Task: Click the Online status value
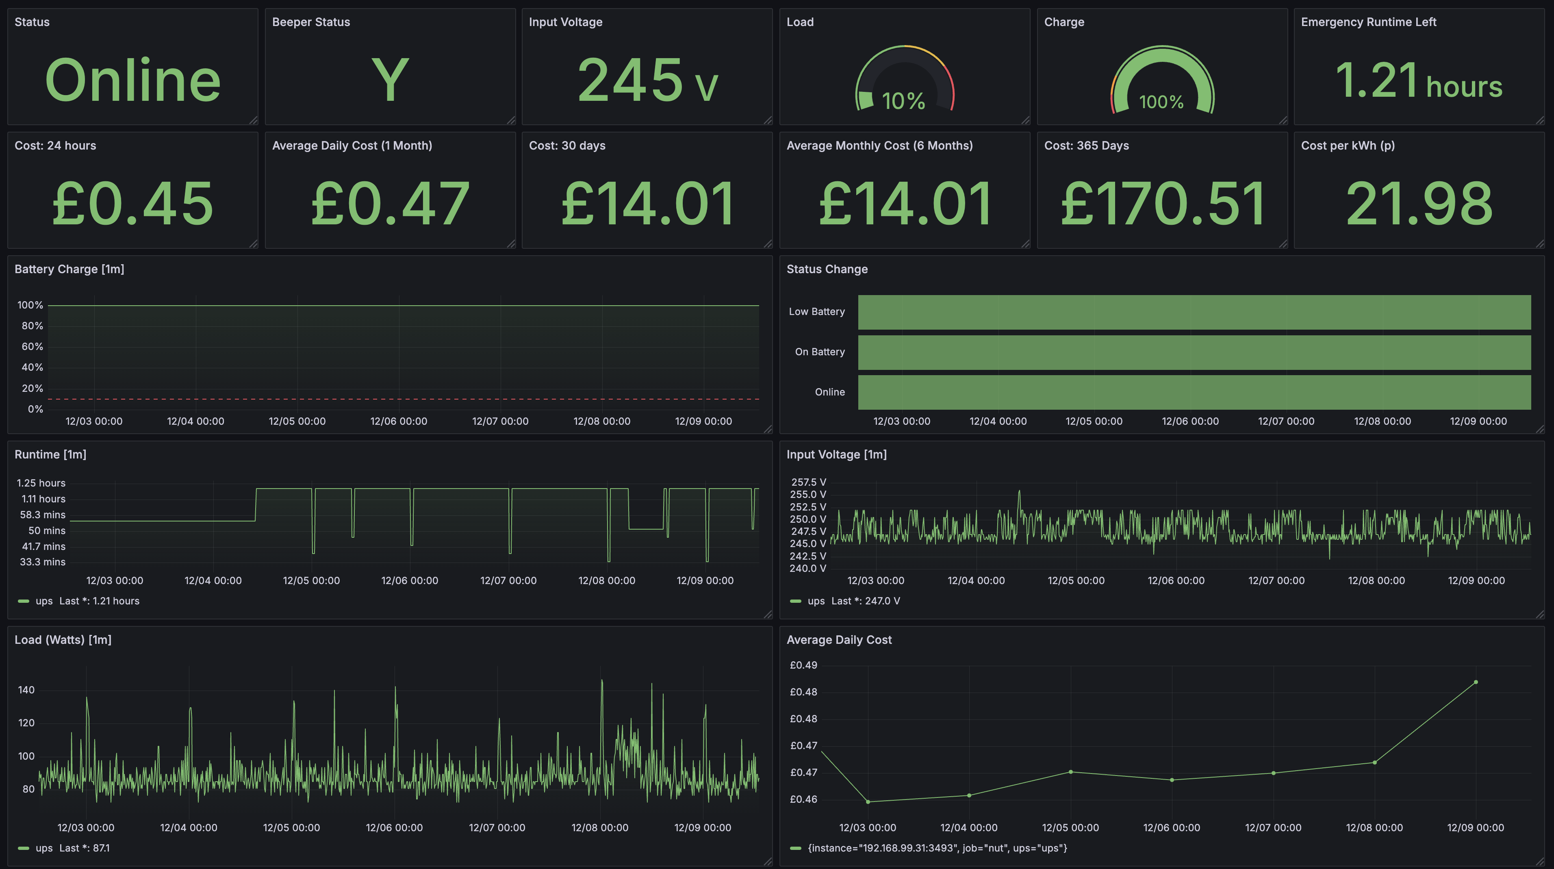(x=133, y=80)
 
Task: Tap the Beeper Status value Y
(x=390, y=80)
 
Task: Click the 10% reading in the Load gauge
(x=903, y=101)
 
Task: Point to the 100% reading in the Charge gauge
(x=1161, y=101)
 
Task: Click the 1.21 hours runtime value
(x=1418, y=81)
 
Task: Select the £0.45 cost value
(x=133, y=204)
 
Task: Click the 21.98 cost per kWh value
(x=1419, y=204)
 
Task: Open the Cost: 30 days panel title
(x=567, y=146)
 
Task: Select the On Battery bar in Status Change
(x=1194, y=352)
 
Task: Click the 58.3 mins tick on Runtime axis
(x=42, y=515)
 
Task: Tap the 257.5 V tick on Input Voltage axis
(x=808, y=482)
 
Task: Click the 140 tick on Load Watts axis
(x=26, y=690)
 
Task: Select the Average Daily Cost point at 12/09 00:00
(x=1476, y=682)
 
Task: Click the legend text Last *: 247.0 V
(x=865, y=601)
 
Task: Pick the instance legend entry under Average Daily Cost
(x=937, y=848)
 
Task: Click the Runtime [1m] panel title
(x=50, y=454)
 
